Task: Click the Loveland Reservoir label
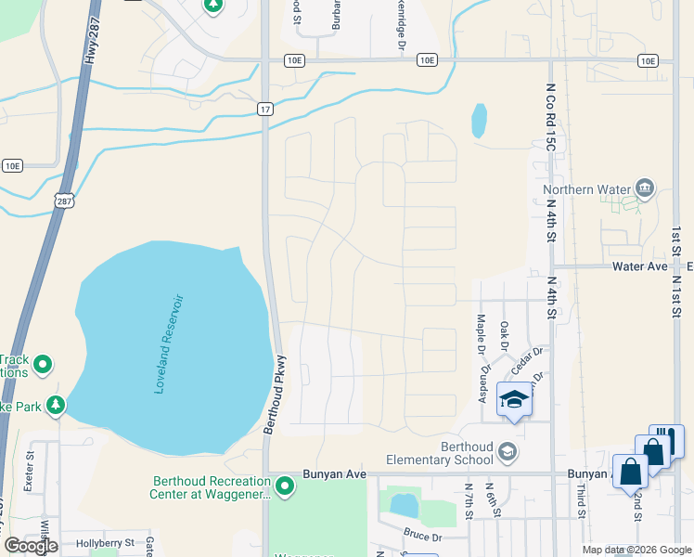(171, 344)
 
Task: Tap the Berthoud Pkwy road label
(276, 395)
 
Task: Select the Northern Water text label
(586, 190)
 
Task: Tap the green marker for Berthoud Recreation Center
(285, 485)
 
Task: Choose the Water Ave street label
(640, 266)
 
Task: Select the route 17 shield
(265, 110)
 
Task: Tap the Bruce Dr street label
(422, 534)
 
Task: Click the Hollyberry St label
(105, 542)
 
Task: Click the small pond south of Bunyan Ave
(405, 505)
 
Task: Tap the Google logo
(31, 546)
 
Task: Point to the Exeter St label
(30, 470)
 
